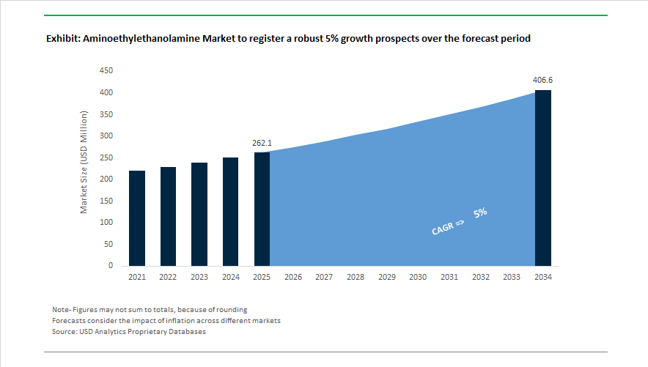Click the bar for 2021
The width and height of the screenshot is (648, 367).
tap(137, 218)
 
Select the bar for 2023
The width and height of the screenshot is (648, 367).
tap(199, 214)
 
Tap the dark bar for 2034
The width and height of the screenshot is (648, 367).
tap(543, 178)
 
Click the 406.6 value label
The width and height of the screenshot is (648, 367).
tap(542, 80)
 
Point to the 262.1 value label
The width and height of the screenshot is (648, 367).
tap(262, 143)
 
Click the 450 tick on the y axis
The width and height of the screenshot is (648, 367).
tap(106, 71)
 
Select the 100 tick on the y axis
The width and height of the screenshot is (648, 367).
tap(106, 223)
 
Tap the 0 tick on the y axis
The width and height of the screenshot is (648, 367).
tap(111, 266)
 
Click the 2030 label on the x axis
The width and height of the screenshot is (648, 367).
tap(418, 278)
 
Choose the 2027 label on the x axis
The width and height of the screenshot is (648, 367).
tap(324, 278)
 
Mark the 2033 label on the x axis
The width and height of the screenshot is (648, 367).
tap(512, 278)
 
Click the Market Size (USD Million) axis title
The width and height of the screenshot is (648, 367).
tap(84, 163)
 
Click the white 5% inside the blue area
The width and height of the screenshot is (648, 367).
tap(481, 213)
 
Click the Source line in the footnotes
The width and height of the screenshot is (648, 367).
tap(129, 332)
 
